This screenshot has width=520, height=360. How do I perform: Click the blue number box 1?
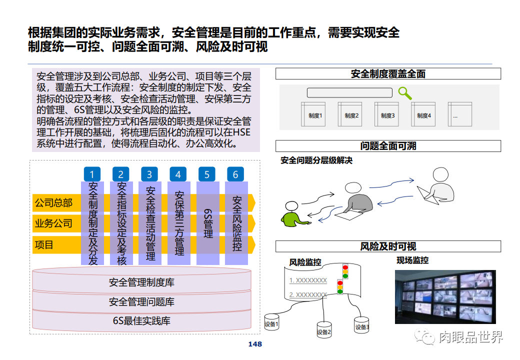(92, 174)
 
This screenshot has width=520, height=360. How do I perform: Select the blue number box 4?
(178, 174)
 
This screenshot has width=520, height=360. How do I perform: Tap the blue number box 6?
(235, 174)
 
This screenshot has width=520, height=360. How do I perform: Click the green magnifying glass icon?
(404, 93)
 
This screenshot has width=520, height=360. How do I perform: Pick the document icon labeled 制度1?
(313, 114)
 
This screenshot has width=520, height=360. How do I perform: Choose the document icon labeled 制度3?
(386, 114)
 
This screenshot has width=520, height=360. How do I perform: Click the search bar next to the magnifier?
(349, 92)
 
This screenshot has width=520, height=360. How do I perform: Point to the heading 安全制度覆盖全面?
(388, 74)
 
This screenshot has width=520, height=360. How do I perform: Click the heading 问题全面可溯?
(388, 146)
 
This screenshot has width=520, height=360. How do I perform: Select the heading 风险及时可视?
(388, 246)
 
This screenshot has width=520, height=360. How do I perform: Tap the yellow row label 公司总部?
(53, 202)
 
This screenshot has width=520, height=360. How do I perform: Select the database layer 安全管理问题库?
(141, 302)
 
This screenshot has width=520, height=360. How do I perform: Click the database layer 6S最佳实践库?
(141, 320)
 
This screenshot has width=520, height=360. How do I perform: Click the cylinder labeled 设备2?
(324, 329)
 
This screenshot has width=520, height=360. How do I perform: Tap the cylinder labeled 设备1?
(272, 323)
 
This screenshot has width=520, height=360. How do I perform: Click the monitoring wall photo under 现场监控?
(445, 296)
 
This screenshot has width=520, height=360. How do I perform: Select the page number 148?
(255, 344)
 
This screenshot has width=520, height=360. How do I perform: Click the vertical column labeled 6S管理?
(207, 223)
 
